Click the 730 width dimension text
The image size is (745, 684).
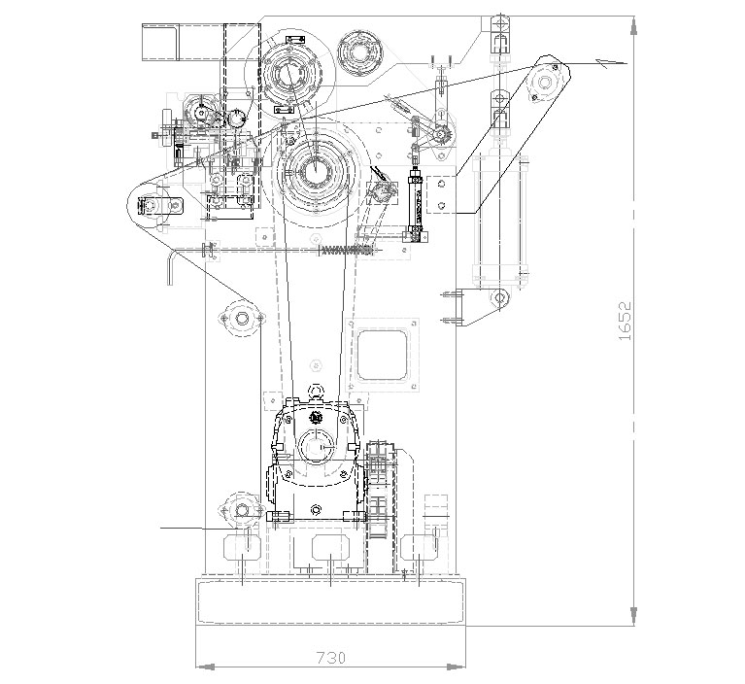[x=331, y=658]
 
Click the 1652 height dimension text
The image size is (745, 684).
[x=626, y=321]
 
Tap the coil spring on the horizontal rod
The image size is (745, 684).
[x=346, y=250]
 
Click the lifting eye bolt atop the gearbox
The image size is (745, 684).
[x=315, y=393]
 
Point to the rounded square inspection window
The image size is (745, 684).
[x=383, y=355]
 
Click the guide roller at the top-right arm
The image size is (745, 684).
[x=543, y=83]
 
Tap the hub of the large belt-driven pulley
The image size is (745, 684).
[x=315, y=170]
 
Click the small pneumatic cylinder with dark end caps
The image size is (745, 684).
[x=416, y=204]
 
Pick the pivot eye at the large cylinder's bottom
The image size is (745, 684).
[x=499, y=298]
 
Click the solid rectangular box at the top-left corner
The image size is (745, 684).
[x=159, y=42]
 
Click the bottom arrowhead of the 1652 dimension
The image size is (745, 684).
[x=633, y=616]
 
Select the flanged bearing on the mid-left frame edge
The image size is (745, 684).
[x=241, y=318]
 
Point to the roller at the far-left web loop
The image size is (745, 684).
[x=151, y=205]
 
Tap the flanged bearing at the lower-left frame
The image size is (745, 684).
[x=242, y=510]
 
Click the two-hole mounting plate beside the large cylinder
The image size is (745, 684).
[x=441, y=194]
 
